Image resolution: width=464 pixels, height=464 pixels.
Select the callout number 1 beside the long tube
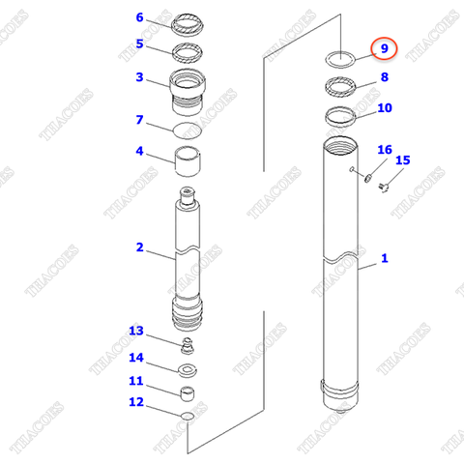384,258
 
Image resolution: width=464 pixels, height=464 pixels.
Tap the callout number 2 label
139,248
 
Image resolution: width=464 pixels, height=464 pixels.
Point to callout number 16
384,150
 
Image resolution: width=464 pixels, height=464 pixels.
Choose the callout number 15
403,160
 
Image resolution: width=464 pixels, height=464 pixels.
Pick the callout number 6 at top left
139,17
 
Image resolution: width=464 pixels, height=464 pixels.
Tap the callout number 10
384,108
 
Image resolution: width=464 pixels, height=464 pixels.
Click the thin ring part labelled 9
339,57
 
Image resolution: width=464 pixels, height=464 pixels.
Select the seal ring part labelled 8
340,89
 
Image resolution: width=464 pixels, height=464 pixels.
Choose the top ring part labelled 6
188,22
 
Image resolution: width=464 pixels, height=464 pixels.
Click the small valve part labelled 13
188,345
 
